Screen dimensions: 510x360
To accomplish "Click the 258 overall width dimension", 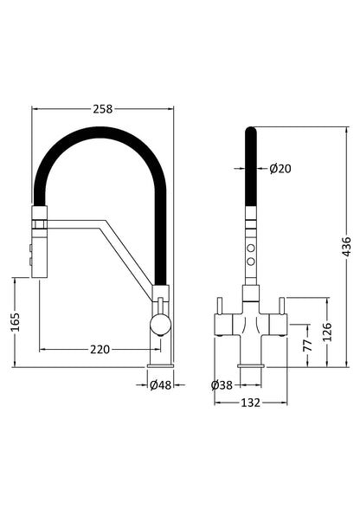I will pos(103,108).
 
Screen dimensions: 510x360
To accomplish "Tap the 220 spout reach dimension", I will pos(100,350).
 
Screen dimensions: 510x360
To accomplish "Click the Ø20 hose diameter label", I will pos(280,168).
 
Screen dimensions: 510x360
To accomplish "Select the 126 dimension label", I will pos(327,332).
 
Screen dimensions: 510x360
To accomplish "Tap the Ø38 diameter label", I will pos(222,385).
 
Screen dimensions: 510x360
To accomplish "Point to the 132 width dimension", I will pos(252,403).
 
